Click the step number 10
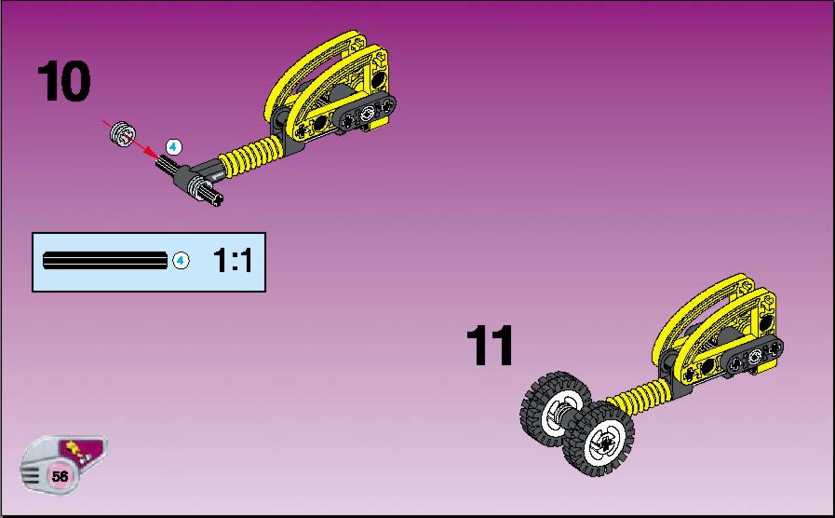tap(64, 81)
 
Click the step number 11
tap(490, 346)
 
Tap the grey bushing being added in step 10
tap(123, 134)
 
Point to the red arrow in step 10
tap(130, 140)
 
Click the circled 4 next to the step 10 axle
tap(173, 147)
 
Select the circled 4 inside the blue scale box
tap(181, 261)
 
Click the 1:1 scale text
tap(233, 261)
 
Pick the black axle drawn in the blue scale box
tap(105, 261)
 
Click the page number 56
tap(60, 475)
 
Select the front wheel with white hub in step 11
tap(599, 439)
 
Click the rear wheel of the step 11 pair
tap(554, 408)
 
